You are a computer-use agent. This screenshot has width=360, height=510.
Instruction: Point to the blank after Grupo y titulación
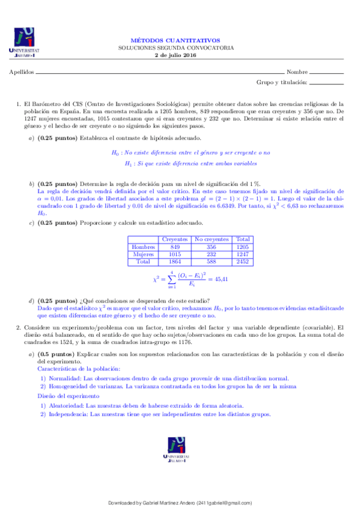pyautogui.click(x=326, y=82)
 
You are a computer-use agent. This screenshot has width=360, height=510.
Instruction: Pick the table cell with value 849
pyautogui.click(x=175, y=247)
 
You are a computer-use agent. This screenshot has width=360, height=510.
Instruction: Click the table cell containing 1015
pyautogui.click(x=175, y=254)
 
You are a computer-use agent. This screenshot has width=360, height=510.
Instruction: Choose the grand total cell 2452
pyautogui.click(x=243, y=262)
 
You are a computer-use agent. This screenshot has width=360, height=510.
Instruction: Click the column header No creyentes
pyautogui.click(x=212, y=239)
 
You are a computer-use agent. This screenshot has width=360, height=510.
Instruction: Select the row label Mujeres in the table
pyautogui.click(x=143, y=254)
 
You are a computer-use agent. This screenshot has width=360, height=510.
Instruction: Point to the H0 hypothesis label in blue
pyautogui.click(x=117, y=153)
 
